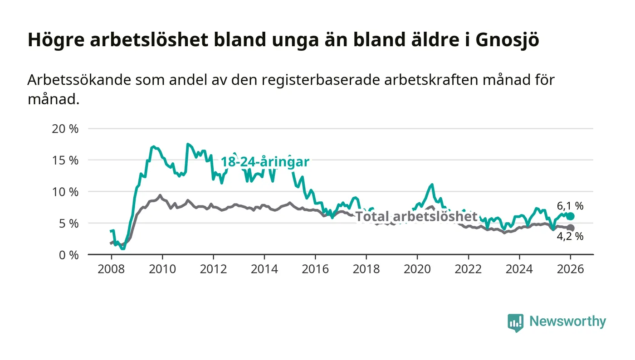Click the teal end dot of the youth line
[571, 216]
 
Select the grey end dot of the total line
[571, 228]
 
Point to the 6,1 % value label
[570, 206]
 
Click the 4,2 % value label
[570, 236]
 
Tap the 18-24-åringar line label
[265, 162]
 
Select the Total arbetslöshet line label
[416, 217]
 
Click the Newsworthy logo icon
[515, 322]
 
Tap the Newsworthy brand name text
[567, 321]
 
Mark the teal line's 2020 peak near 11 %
[432, 185]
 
